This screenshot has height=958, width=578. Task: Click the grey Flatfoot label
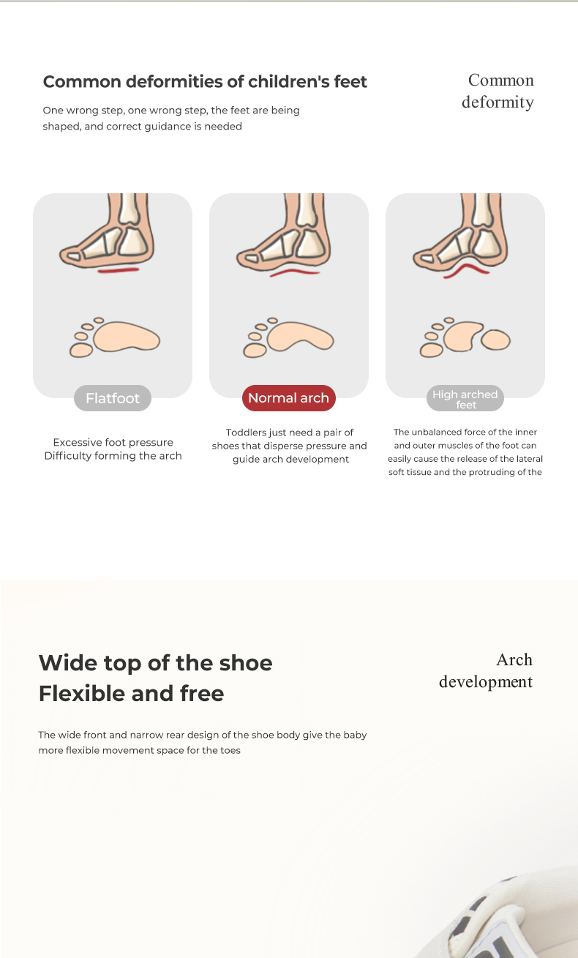coord(113,398)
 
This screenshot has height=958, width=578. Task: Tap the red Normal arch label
coord(288,398)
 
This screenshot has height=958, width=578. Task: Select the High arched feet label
coord(465,398)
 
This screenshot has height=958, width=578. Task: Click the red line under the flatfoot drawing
coord(119,270)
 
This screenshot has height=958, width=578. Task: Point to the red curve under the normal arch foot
coord(295,272)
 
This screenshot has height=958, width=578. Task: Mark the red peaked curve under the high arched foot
coord(466,270)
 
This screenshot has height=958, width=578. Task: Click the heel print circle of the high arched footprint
coord(495,340)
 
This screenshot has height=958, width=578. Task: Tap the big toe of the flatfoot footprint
coord(81,351)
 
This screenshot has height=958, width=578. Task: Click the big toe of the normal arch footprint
coord(255,351)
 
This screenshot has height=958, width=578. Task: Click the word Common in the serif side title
coord(500,80)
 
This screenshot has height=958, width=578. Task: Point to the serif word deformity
coord(498,102)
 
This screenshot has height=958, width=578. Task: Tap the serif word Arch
coord(514,659)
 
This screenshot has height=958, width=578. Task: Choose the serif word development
coord(486,681)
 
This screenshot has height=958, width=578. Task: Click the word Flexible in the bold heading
coord(82,693)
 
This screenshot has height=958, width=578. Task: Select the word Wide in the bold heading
coord(68,663)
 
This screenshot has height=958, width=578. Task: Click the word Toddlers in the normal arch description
coord(246,433)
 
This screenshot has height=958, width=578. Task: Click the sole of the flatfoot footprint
coord(127,337)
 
